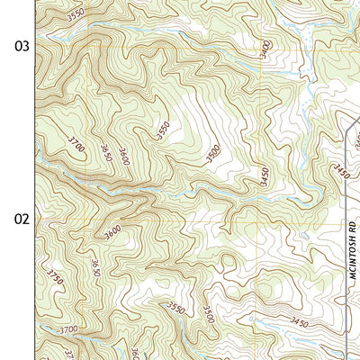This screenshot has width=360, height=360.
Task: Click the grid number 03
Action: point(20,46)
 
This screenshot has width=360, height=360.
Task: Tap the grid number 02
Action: point(20,219)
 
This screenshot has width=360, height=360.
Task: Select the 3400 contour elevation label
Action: point(264,49)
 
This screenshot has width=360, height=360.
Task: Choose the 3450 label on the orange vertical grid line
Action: point(265,176)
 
